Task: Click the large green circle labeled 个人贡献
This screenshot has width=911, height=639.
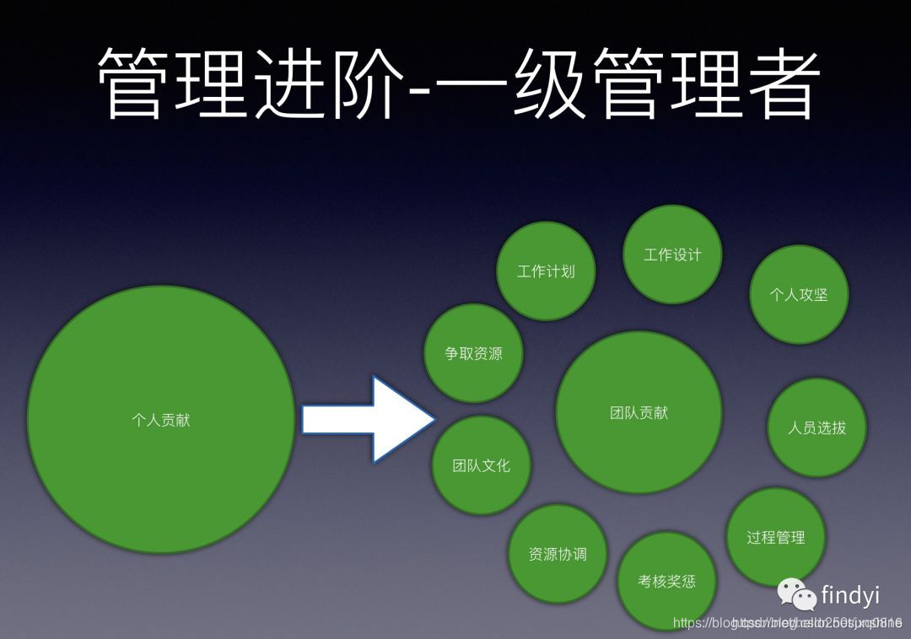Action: coord(161,419)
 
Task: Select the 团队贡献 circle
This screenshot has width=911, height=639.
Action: coord(639,412)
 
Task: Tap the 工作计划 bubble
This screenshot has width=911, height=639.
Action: coord(546,271)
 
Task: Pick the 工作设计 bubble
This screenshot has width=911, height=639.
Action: coord(672,254)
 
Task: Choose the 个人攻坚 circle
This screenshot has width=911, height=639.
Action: coord(798,294)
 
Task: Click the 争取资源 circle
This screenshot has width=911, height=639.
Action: coord(473,353)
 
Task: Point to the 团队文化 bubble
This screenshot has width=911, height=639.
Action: coord(481,464)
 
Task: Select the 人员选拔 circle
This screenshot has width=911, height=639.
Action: coord(817,427)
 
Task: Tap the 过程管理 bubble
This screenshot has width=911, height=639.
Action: coord(775,537)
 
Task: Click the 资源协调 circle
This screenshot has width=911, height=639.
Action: coord(557,554)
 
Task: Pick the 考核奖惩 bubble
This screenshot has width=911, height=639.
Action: coord(666,581)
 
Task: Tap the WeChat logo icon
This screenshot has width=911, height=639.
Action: coord(797,595)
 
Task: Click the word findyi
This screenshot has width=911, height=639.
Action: coord(850,595)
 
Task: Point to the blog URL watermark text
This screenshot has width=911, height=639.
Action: coord(788,623)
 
